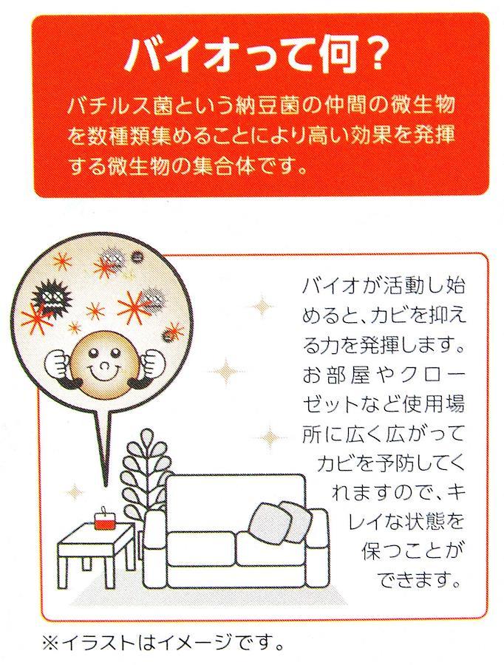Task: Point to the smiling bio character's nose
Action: coord(103,364)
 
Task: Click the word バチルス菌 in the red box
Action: coord(119,106)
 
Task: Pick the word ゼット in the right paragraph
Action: coord(330,404)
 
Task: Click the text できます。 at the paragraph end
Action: coord(418,580)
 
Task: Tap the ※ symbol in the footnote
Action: coord(51,644)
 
